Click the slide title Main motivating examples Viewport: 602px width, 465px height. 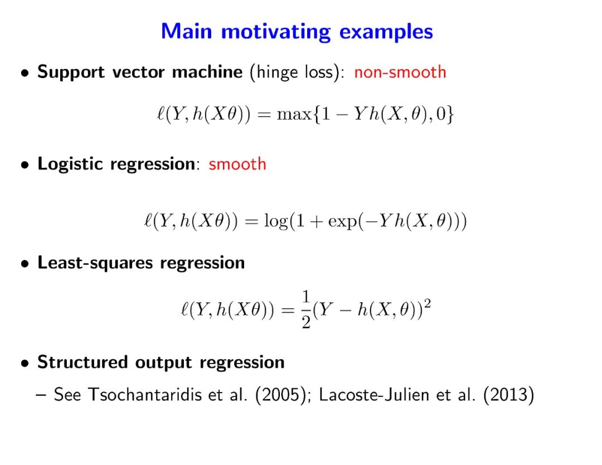(297, 31)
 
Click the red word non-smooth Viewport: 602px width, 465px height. (400, 72)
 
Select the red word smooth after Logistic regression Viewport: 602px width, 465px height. (237, 164)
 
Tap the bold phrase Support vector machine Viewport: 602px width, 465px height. (140, 72)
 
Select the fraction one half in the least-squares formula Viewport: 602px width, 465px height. (305, 309)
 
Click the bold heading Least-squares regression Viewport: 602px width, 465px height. (141, 263)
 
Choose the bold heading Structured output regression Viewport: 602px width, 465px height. (161, 362)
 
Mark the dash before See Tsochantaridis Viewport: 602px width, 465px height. (40, 396)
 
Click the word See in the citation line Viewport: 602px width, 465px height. (69, 396)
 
